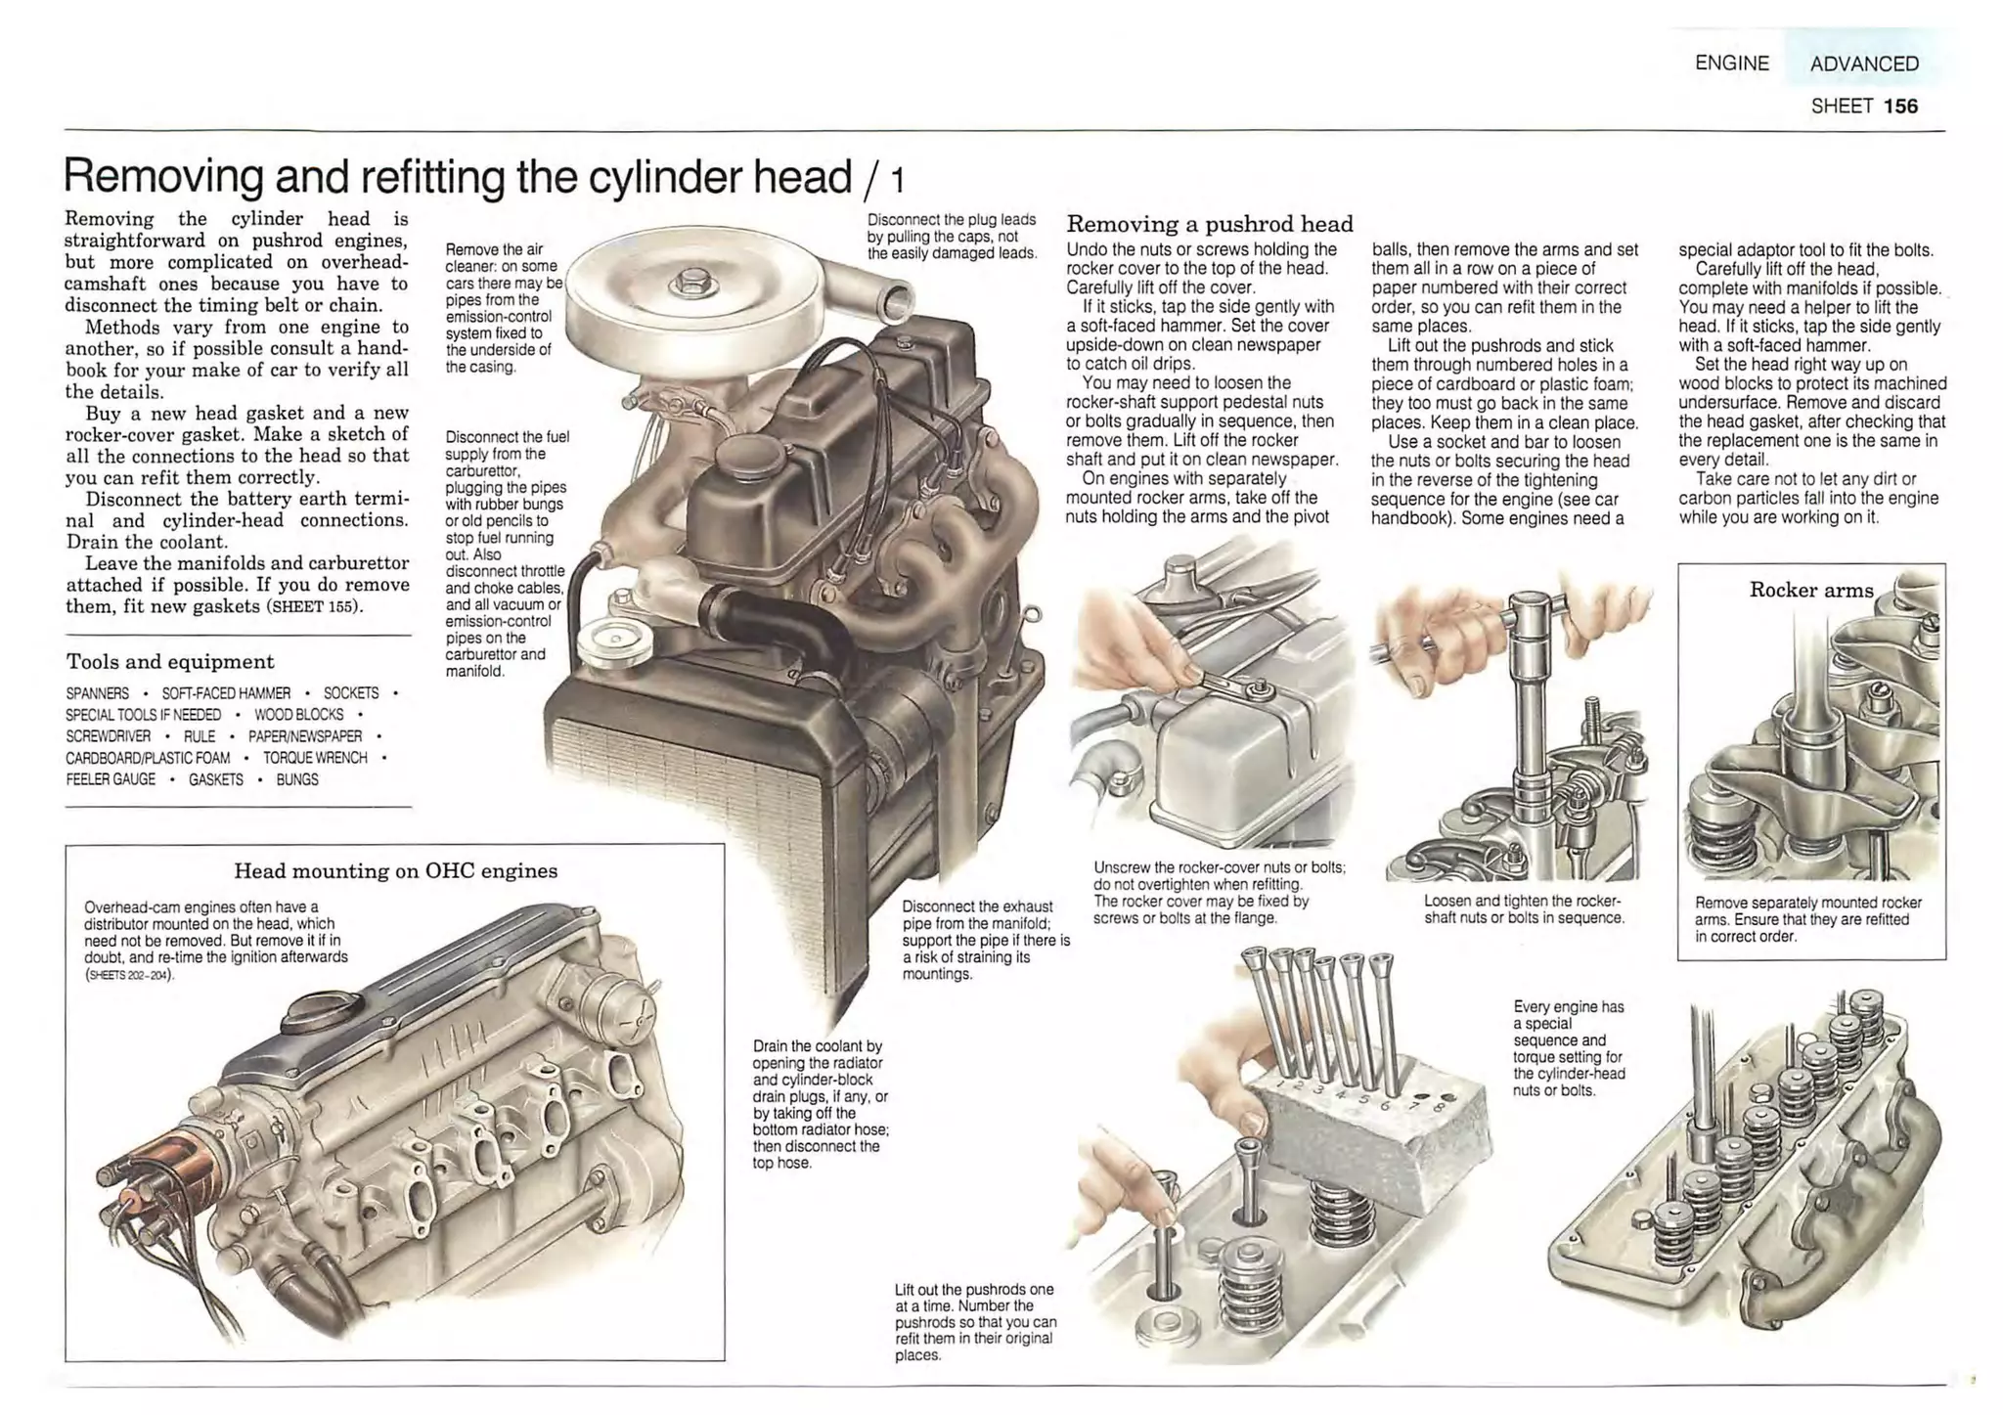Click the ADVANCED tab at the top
1863,64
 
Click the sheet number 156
1900,106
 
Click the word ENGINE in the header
1731,64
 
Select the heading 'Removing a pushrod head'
1209,224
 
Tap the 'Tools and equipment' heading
170,662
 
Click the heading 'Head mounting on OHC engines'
395,870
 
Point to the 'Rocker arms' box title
1810,590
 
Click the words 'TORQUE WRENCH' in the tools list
315,758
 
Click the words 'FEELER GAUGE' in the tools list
111,779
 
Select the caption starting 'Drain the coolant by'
820,1104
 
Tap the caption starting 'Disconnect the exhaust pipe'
985,940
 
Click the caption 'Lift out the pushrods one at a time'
975,1321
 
